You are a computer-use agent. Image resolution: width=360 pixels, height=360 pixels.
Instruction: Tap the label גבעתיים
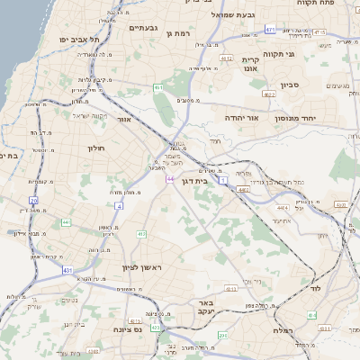[x=143, y=29]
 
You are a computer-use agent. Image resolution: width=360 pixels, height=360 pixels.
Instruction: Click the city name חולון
[x=97, y=148]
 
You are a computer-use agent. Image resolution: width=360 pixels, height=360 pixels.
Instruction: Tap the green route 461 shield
[x=157, y=87]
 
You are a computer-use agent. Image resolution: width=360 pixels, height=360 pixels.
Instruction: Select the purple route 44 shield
[x=168, y=179]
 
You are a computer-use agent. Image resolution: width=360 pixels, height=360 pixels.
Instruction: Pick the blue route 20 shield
[x=34, y=200]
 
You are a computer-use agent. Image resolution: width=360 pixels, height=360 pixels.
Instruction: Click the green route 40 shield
[x=311, y=315]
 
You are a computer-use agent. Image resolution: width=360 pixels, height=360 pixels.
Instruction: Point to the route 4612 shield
[x=226, y=57]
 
